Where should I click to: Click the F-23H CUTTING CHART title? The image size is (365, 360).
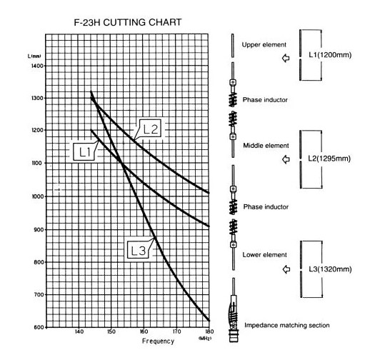click(128, 22)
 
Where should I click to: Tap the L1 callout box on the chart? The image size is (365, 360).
click(84, 152)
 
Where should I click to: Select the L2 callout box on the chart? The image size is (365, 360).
click(150, 129)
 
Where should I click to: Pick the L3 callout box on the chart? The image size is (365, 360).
click(138, 250)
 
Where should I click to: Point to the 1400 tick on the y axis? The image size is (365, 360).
click(37, 66)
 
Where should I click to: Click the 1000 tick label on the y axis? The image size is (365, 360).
click(38, 196)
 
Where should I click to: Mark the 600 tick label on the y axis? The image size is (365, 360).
click(39, 327)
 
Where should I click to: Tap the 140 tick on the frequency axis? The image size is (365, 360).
click(79, 331)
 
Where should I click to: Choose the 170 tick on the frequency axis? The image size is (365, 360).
click(176, 331)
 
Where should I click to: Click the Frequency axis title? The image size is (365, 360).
click(158, 341)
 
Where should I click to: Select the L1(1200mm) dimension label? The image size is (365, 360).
click(330, 55)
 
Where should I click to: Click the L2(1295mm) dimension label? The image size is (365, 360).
click(329, 159)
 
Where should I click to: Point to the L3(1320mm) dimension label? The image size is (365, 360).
click(330, 269)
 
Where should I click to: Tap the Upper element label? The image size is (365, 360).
click(264, 45)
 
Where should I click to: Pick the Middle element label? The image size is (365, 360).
click(266, 146)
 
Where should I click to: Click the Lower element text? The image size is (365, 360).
click(264, 255)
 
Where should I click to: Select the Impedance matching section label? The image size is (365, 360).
click(287, 326)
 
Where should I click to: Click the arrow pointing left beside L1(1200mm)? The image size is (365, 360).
click(286, 58)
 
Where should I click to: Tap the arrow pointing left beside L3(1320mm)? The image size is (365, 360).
click(286, 269)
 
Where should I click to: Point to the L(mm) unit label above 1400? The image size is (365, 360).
click(34, 56)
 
